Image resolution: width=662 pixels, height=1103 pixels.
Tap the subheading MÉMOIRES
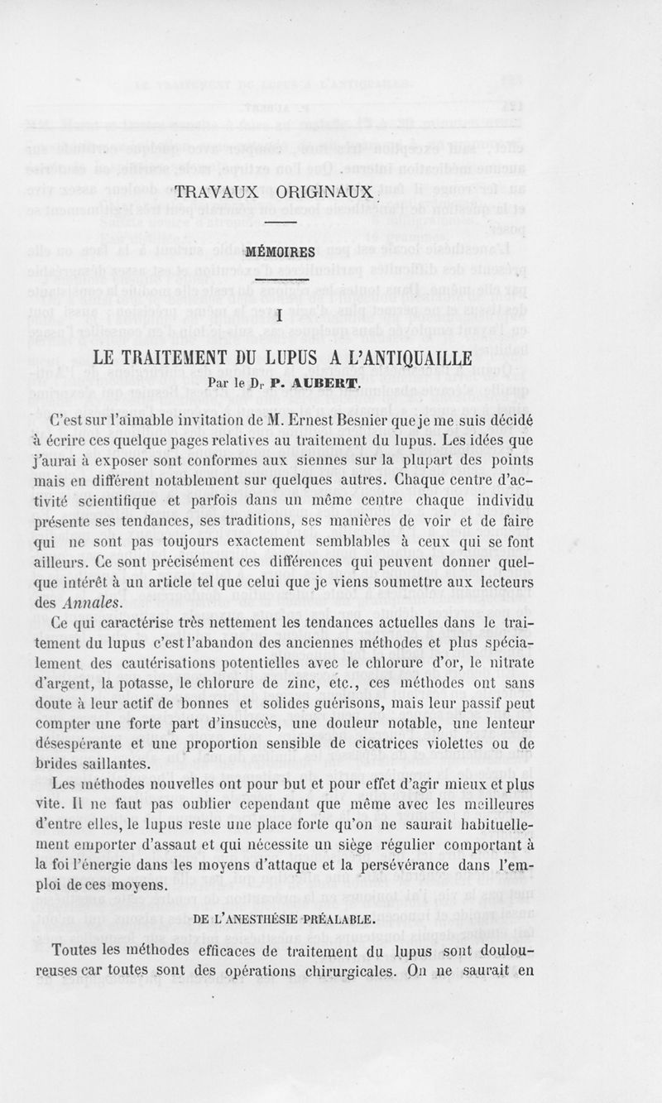(x=282, y=252)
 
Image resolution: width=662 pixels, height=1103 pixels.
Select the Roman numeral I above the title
(x=281, y=316)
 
